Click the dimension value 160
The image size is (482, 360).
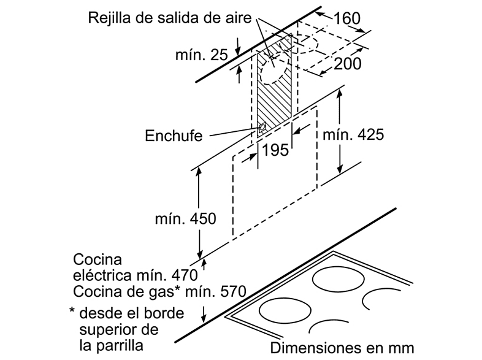(346, 18)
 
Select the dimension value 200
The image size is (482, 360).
(347, 64)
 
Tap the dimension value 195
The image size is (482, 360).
(275, 150)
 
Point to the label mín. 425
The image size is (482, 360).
(353, 135)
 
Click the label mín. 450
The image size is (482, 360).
(186, 218)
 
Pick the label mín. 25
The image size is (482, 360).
(202, 55)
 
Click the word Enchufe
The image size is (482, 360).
(174, 136)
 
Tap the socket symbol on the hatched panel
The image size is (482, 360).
(262, 127)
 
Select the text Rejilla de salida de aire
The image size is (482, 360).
(170, 18)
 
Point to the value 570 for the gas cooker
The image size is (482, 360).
(233, 291)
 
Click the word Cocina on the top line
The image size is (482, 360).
(98, 259)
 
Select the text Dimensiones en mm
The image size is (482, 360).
(342, 348)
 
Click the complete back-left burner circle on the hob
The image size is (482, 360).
(339, 279)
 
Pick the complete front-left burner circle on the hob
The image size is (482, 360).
(285, 310)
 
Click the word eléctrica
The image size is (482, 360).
(104, 275)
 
